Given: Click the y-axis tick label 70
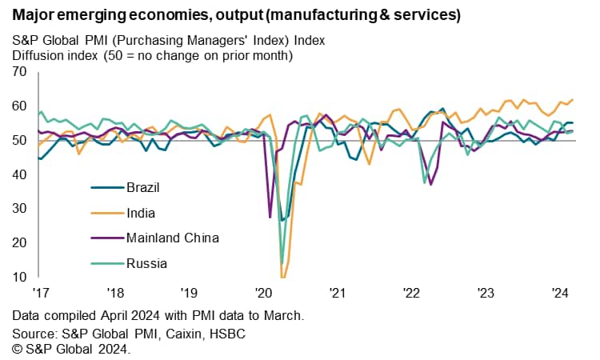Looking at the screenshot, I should (19, 72).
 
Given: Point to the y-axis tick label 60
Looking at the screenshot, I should (19, 106).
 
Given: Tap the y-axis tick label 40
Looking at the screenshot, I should (19, 174).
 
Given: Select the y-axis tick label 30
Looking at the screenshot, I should (19, 209).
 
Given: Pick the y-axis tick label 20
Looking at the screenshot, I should (19, 242).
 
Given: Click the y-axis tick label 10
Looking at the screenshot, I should (19, 277).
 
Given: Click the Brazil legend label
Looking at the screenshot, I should (144, 188).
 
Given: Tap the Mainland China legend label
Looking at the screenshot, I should (173, 238).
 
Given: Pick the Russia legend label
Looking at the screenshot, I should (146, 262).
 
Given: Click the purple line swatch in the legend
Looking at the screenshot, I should (104, 238).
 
